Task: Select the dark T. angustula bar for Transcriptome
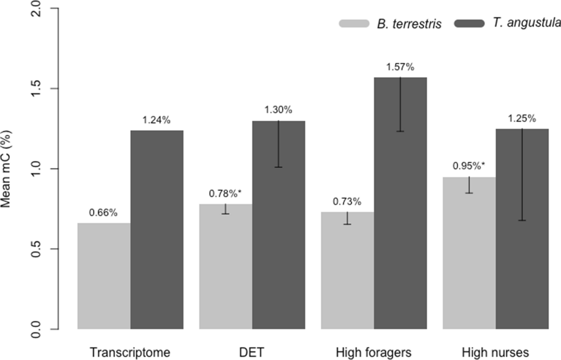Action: [157, 230]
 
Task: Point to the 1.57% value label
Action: [400, 67]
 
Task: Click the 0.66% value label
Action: [103, 213]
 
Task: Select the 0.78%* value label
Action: [225, 194]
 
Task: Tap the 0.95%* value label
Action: [469, 166]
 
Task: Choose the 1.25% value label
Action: [522, 119]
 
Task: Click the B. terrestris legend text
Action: [409, 24]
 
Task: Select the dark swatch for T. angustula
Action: [469, 24]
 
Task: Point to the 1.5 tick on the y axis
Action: [36, 88]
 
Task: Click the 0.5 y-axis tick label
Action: [36, 249]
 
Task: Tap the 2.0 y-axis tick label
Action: [36, 9]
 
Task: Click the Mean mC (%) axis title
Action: [6, 169]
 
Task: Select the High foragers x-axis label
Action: [373, 352]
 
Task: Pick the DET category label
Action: [252, 352]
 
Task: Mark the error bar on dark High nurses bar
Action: [522, 174]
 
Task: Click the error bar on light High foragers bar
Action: [347, 218]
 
